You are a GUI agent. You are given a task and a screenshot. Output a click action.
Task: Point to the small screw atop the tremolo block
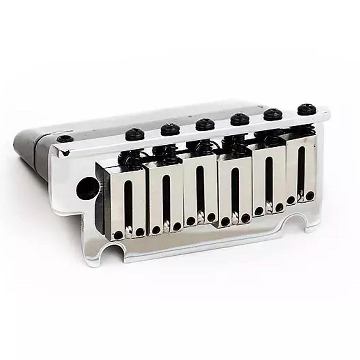click(x=64, y=139)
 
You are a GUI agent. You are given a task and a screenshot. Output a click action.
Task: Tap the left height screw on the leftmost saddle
click(x=118, y=235)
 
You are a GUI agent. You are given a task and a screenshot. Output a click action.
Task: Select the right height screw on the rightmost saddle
click(x=310, y=196)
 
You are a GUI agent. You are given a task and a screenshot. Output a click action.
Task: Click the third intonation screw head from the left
click(x=205, y=124)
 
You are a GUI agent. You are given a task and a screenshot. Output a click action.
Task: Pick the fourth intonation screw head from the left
click(x=240, y=119)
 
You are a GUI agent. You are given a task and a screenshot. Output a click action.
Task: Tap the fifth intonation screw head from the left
click(x=273, y=114)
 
